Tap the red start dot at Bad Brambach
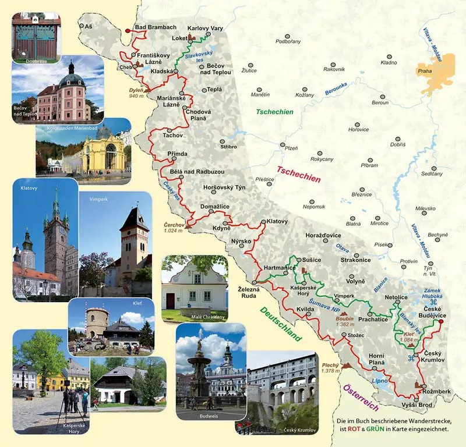coord(128,31)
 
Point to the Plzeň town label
coord(291,148)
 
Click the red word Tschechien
coord(299,175)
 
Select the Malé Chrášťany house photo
coord(193,288)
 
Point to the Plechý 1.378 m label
coord(330,367)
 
